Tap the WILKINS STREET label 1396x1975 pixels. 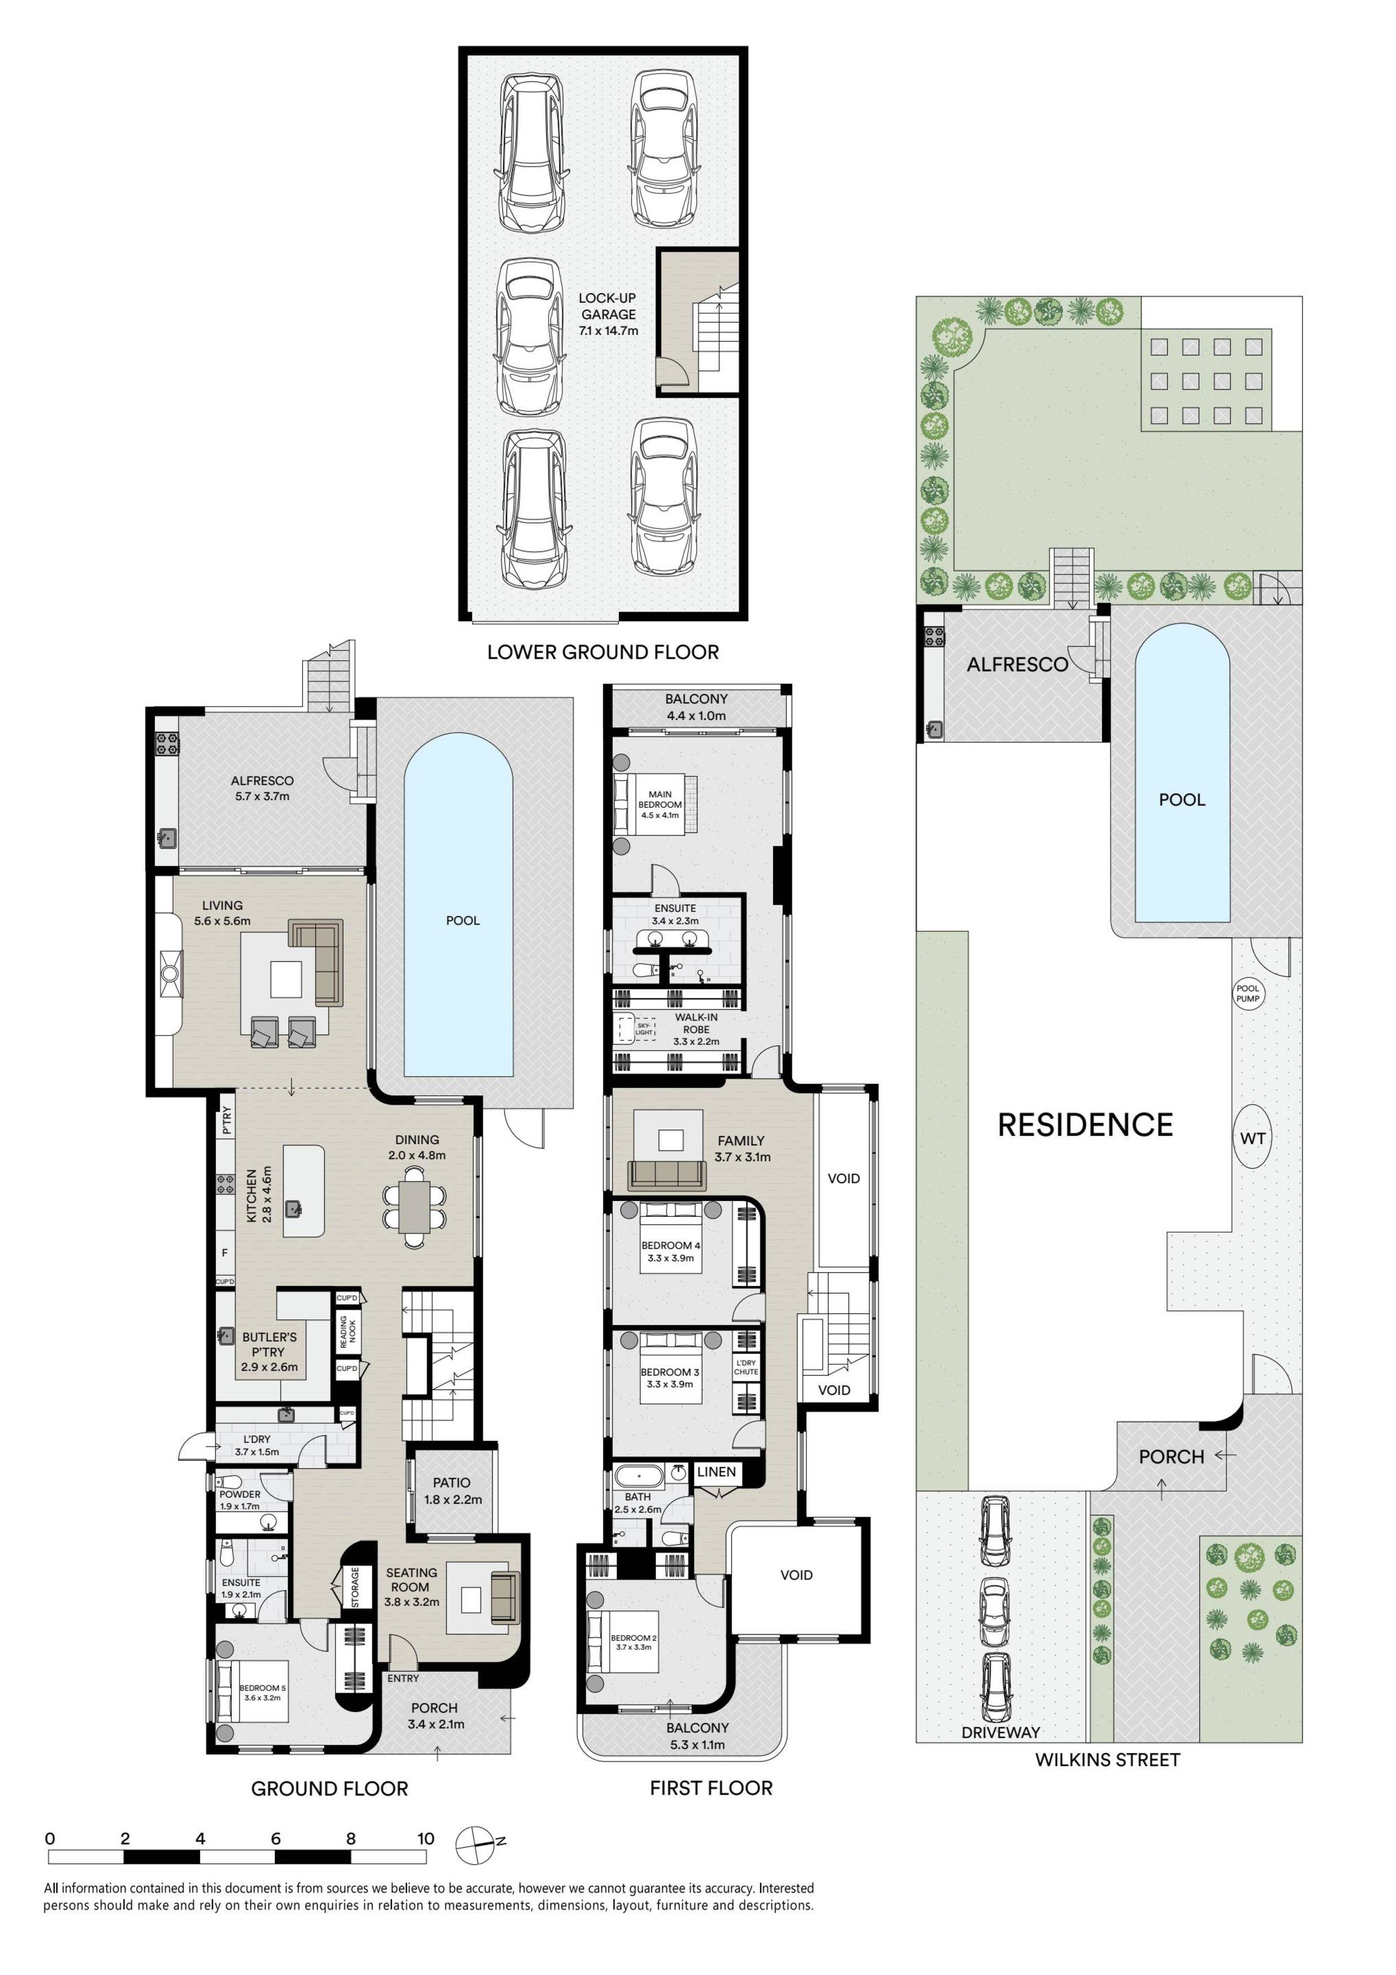click(x=1107, y=1759)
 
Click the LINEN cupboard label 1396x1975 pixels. click(x=716, y=1472)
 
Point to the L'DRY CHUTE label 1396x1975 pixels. click(x=746, y=1367)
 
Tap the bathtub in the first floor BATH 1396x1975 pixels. click(x=639, y=1477)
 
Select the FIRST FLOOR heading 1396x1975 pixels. click(x=711, y=1788)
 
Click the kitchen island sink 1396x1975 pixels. click(x=294, y=1209)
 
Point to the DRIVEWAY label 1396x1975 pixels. click(x=1000, y=1732)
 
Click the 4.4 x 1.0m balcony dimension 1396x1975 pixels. click(x=696, y=715)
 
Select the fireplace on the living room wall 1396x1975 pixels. click(x=170, y=973)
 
